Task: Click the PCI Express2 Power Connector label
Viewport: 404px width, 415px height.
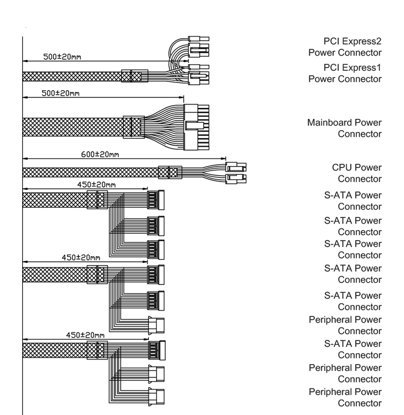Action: coord(344,47)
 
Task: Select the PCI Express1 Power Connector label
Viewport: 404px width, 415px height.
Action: coord(344,73)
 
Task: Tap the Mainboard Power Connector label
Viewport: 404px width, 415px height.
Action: coord(344,128)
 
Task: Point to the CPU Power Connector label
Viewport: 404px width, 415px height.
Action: coord(357,173)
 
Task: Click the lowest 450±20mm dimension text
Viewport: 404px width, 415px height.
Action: coord(85,335)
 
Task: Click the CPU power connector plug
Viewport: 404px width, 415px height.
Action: coord(236,172)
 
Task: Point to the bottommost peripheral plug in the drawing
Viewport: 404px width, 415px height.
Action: coord(157,397)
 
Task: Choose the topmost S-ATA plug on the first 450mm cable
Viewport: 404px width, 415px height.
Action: coord(156,199)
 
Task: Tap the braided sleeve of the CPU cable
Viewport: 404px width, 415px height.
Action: coord(89,172)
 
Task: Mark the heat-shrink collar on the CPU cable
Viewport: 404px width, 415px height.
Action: coord(170,172)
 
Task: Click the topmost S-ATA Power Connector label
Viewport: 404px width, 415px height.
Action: coord(353,201)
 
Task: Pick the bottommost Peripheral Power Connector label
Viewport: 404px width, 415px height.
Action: coord(345,397)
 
